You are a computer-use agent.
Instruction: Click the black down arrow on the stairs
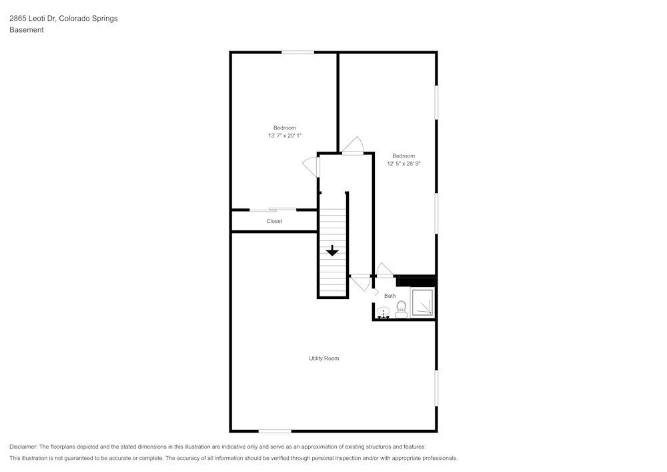click(332, 250)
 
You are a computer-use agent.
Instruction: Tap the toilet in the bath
click(402, 308)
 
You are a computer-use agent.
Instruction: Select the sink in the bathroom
click(384, 312)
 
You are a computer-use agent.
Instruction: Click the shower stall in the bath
click(422, 302)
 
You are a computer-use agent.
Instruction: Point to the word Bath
click(390, 296)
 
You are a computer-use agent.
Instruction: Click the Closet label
click(274, 221)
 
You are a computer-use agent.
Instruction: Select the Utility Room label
click(323, 359)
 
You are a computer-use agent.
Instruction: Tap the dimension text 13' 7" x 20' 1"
click(285, 136)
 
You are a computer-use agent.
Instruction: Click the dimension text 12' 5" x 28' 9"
click(404, 164)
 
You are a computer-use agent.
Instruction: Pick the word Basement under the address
click(27, 30)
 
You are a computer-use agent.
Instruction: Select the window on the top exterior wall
click(297, 52)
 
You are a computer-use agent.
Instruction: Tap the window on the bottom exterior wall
click(275, 431)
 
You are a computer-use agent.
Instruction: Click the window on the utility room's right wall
click(436, 388)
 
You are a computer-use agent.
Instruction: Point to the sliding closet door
click(273, 210)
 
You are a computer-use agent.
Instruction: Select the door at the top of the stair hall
click(353, 148)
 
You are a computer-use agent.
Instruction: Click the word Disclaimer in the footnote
click(23, 447)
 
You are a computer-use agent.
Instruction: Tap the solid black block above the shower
click(416, 281)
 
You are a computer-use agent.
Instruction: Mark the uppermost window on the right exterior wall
click(436, 102)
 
